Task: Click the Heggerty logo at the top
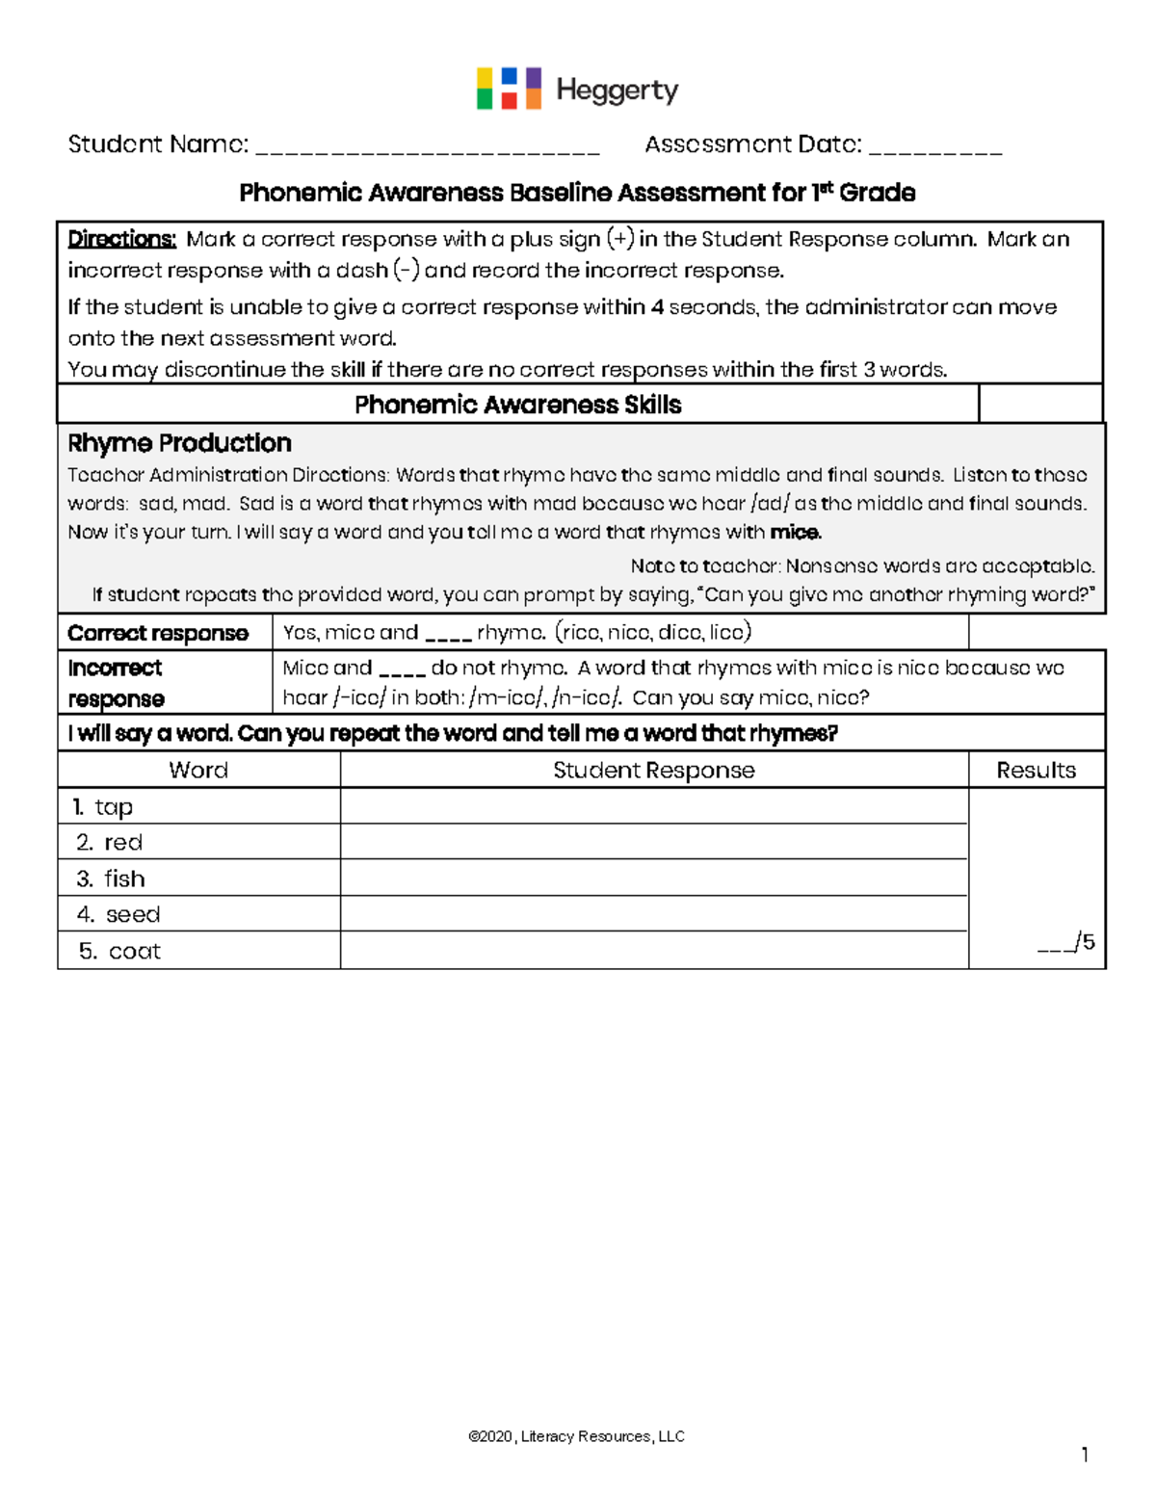point(577,90)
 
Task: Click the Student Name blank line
point(428,147)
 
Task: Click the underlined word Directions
point(121,239)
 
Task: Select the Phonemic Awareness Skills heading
point(517,405)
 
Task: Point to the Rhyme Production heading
point(179,443)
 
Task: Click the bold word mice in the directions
point(795,532)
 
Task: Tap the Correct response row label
point(158,633)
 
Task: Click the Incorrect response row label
point(116,682)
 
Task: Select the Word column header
point(198,770)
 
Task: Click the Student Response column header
point(653,770)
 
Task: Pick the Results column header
point(1036,770)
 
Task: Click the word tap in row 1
point(114,807)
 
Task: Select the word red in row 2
point(123,843)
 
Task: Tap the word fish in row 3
point(124,879)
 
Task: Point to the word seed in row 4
point(133,914)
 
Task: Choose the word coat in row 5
point(135,951)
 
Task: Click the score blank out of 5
point(1055,945)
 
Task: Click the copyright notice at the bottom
point(576,1436)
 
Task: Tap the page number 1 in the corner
point(1085,1455)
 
